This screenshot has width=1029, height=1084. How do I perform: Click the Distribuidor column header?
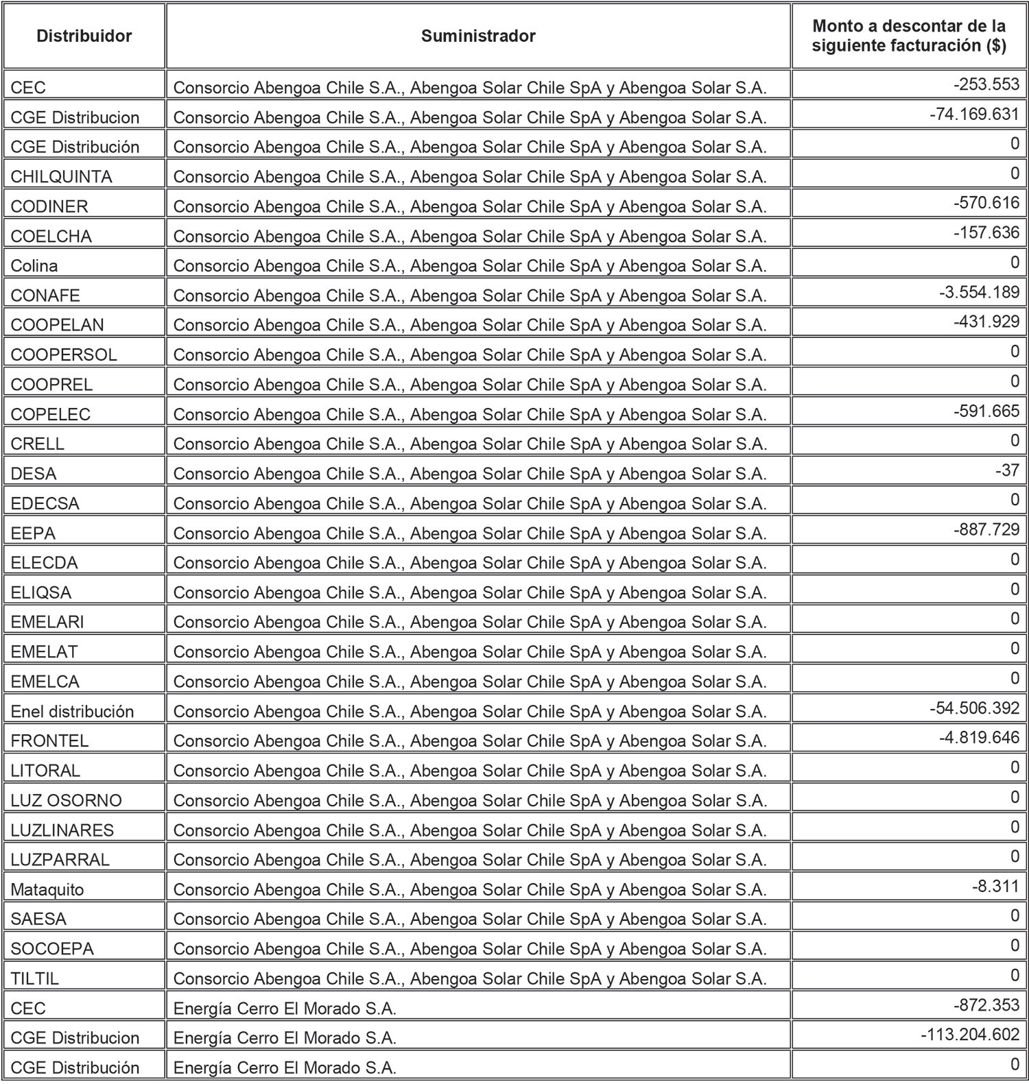click(84, 36)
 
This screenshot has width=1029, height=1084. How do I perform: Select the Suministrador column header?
click(478, 36)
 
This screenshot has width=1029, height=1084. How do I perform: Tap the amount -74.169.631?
click(974, 114)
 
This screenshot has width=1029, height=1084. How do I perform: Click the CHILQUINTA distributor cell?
click(61, 177)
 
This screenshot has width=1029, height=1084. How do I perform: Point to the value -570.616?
click(986, 203)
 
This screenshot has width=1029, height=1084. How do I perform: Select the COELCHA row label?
click(51, 237)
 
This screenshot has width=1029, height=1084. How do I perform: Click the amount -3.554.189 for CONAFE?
click(979, 292)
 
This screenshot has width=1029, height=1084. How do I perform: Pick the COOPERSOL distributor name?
click(64, 355)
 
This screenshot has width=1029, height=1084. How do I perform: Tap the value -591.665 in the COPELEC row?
click(986, 411)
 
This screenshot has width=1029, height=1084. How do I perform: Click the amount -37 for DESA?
click(1007, 470)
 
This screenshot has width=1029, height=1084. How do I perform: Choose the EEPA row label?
click(33, 533)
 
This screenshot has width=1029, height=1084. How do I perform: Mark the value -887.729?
click(986, 529)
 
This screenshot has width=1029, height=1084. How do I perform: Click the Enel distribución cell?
click(72, 712)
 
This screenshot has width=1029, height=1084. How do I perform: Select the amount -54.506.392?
click(974, 708)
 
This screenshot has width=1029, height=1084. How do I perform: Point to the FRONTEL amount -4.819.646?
click(979, 738)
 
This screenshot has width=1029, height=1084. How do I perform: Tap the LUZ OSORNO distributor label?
click(66, 801)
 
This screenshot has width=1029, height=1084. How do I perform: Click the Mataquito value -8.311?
click(995, 886)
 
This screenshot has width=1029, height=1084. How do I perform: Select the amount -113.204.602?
click(969, 1035)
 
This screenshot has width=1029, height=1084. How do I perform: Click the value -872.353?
click(986, 1005)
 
